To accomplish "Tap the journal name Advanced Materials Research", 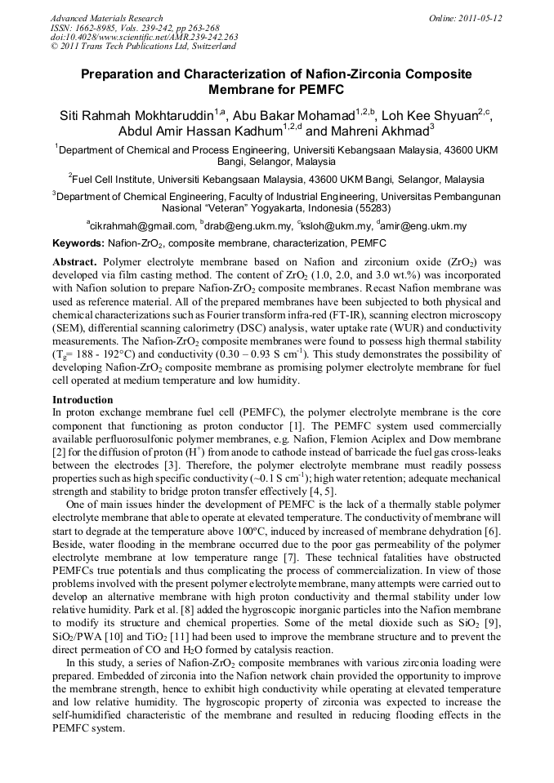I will (106, 18).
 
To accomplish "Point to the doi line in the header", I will (144, 38).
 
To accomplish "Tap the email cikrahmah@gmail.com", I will (143, 226).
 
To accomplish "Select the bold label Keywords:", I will (78, 243).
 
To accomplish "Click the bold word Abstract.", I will (75, 262).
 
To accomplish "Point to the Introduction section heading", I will (83, 400).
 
